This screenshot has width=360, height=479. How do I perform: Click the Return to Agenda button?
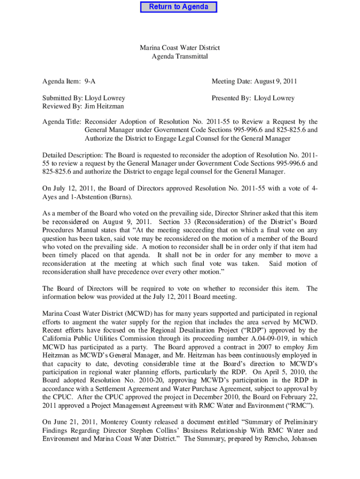[x=179, y=7]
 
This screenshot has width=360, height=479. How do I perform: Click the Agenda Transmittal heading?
[x=180, y=57]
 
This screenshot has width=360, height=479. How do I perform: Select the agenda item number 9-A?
[x=90, y=81]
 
